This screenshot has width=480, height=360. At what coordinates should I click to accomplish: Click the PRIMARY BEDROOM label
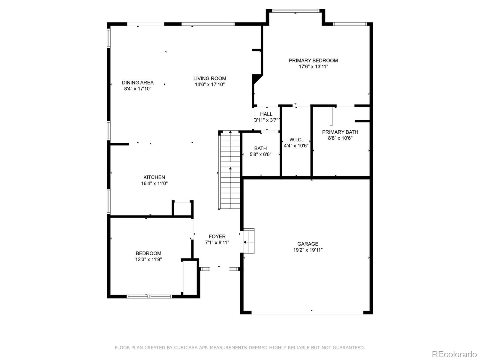pos(313,61)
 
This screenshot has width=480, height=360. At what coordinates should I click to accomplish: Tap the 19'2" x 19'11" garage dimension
pos(308,250)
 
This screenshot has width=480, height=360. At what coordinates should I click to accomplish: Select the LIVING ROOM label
pos(210,79)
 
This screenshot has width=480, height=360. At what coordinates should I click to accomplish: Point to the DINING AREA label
pos(138,82)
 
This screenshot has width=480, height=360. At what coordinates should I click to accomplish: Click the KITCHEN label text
pos(154,177)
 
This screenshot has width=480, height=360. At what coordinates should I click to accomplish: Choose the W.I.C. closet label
pos(296,140)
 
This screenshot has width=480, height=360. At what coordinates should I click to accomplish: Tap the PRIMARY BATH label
pos(340,132)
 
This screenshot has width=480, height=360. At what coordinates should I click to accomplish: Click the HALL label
pos(266,114)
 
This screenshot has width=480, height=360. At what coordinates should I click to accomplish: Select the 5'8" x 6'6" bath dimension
pos(260,154)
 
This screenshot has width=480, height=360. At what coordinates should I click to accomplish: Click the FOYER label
pos(217,236)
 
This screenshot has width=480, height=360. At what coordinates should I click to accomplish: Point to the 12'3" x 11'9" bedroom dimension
pos(148,259)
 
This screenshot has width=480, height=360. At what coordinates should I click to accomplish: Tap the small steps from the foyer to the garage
pos(249,241)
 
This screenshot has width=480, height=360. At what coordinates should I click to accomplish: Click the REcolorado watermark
pos(454,354)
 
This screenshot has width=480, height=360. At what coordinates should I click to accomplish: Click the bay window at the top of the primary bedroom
pos(295,11)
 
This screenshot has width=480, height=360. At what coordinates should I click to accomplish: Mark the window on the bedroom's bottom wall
pos(149,296)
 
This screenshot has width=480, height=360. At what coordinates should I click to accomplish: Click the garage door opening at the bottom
pos(307,313)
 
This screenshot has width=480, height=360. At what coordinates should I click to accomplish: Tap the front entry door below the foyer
pos(219,269)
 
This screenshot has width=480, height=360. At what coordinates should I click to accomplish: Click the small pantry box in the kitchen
pos(182,208)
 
